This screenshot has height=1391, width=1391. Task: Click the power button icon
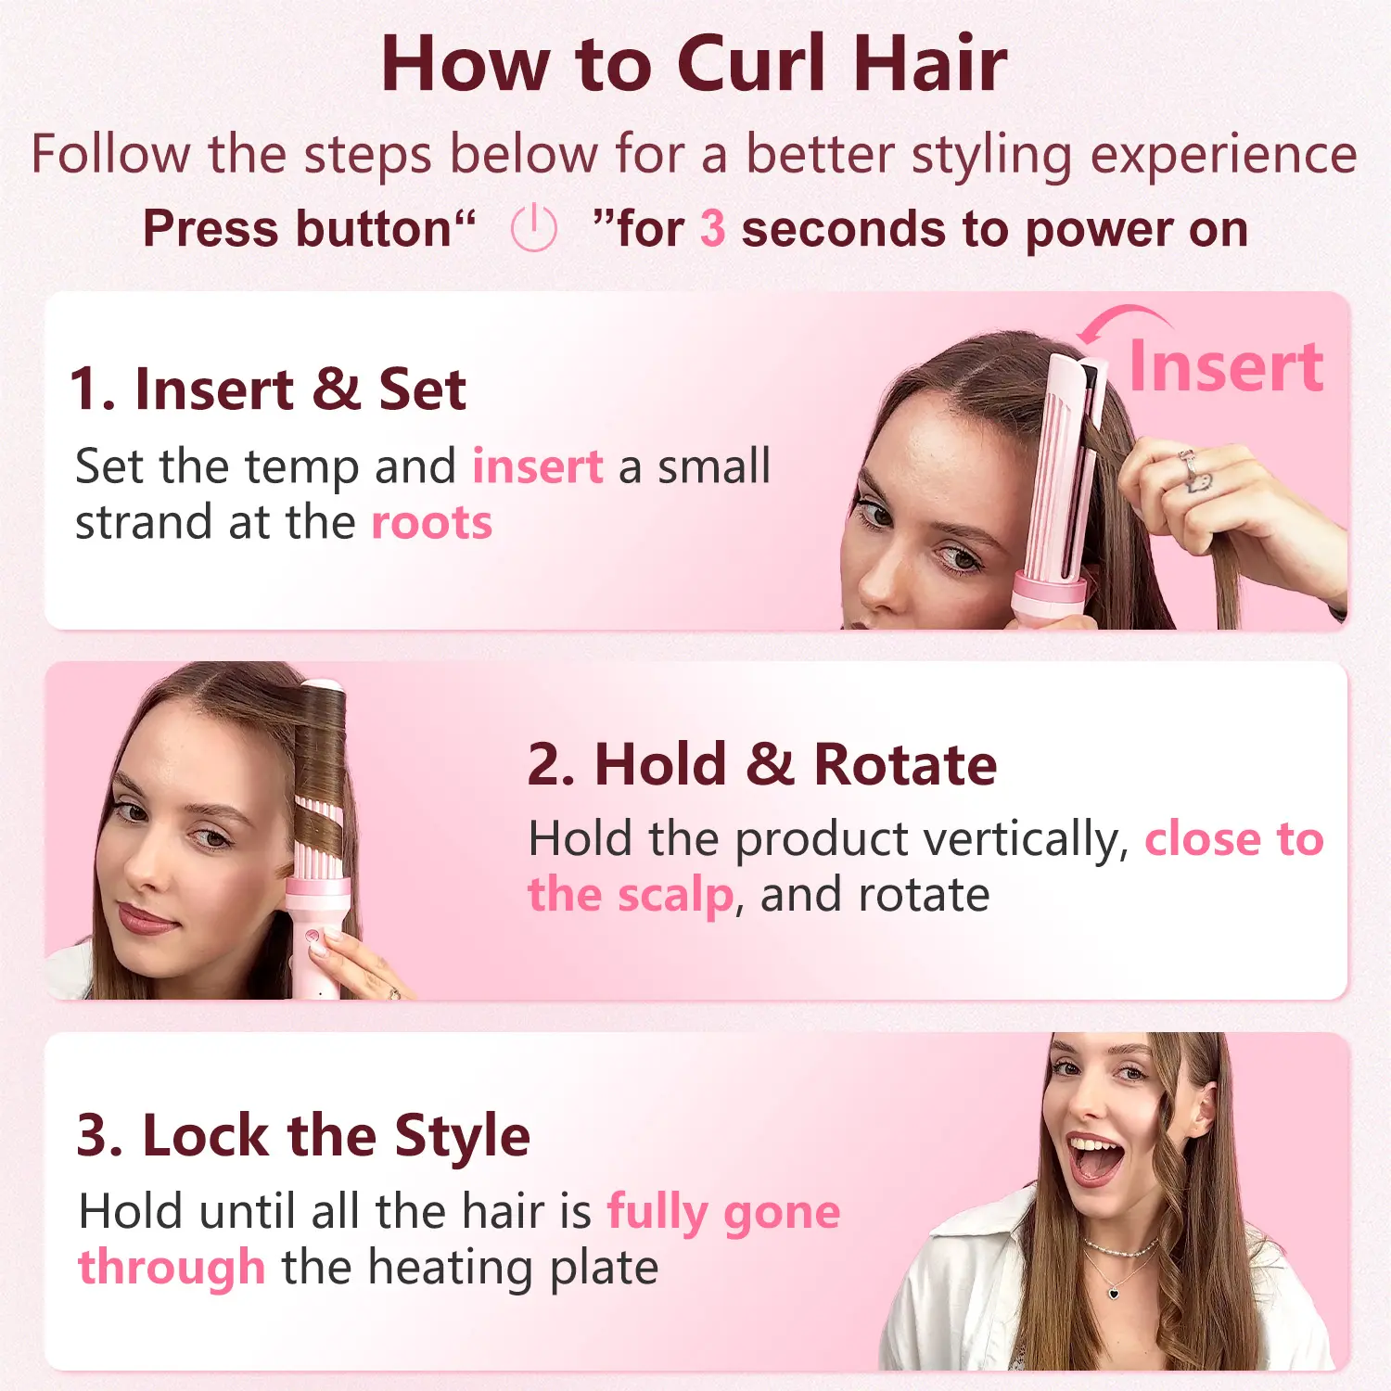tap(534, 228)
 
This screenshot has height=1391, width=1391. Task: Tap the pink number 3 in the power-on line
tap(712, 229)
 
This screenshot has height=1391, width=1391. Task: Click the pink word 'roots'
tap(431, 523)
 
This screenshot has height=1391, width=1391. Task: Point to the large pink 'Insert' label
tap(1226, 366)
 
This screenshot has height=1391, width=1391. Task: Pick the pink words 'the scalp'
tap(631, 896)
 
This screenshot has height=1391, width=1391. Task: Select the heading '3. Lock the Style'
tap(303, 1135)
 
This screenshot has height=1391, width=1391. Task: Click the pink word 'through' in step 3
tap(172, 1267)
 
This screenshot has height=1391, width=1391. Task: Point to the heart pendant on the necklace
tap(1113, 1291)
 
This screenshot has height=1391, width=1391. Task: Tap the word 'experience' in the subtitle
tap(1223, 156)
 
